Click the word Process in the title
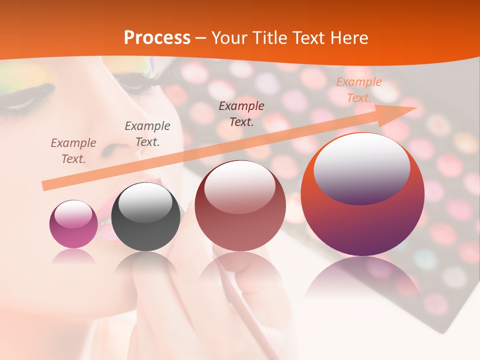tap(157, 38)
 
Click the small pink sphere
tap(73, 224)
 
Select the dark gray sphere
tap(145, 217)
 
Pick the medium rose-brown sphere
tap(240, 206)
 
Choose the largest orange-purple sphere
tap(362, 195)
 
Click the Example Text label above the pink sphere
tap(73, 151)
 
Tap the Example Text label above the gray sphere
tap(147, 134)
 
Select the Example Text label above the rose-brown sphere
tap(241, 114)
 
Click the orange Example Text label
tap(358, 90)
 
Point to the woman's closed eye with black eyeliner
tap(27, 95)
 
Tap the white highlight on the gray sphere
tap(145, 201)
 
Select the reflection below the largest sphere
tap(362, 277)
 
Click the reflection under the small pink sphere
tap(73, 256)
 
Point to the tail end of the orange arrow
tap(45, 186)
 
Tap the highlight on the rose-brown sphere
tap(240, 185)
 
